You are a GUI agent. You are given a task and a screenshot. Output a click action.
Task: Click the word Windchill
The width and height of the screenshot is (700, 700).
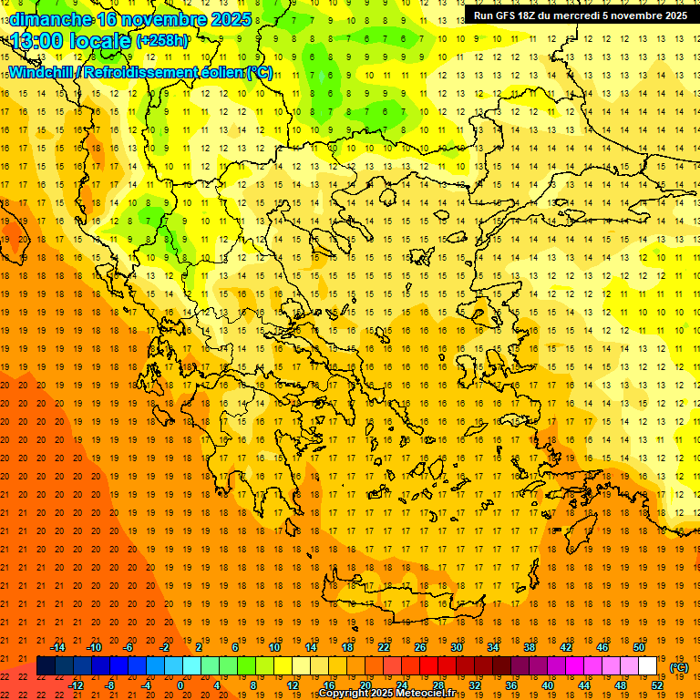pos(40,72)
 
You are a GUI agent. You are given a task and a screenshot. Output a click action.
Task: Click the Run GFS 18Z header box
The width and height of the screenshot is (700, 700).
pos(580,15)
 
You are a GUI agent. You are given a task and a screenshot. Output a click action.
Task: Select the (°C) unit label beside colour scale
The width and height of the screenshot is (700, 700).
pos(679,667)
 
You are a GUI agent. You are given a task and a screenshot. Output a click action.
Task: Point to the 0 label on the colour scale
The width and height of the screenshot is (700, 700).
pos(180,685)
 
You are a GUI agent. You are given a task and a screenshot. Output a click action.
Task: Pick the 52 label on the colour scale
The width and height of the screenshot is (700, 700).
pos(657,685)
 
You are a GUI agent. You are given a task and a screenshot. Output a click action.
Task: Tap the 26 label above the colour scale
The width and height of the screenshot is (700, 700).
pos(420,646)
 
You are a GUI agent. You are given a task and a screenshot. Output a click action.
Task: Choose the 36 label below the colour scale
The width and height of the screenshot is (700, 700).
pos(511,685)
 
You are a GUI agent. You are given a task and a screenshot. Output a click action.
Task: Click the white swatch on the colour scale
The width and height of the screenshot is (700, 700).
pos(648,666)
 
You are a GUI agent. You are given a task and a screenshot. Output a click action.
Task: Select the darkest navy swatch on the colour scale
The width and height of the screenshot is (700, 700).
pos(46,666)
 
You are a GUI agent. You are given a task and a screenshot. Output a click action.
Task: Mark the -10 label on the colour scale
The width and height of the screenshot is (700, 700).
pos(94,646)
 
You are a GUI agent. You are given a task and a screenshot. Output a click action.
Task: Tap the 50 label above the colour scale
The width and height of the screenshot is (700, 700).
pos(639,646)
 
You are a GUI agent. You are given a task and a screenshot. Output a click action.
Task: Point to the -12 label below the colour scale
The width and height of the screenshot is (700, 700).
pos(76,685)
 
